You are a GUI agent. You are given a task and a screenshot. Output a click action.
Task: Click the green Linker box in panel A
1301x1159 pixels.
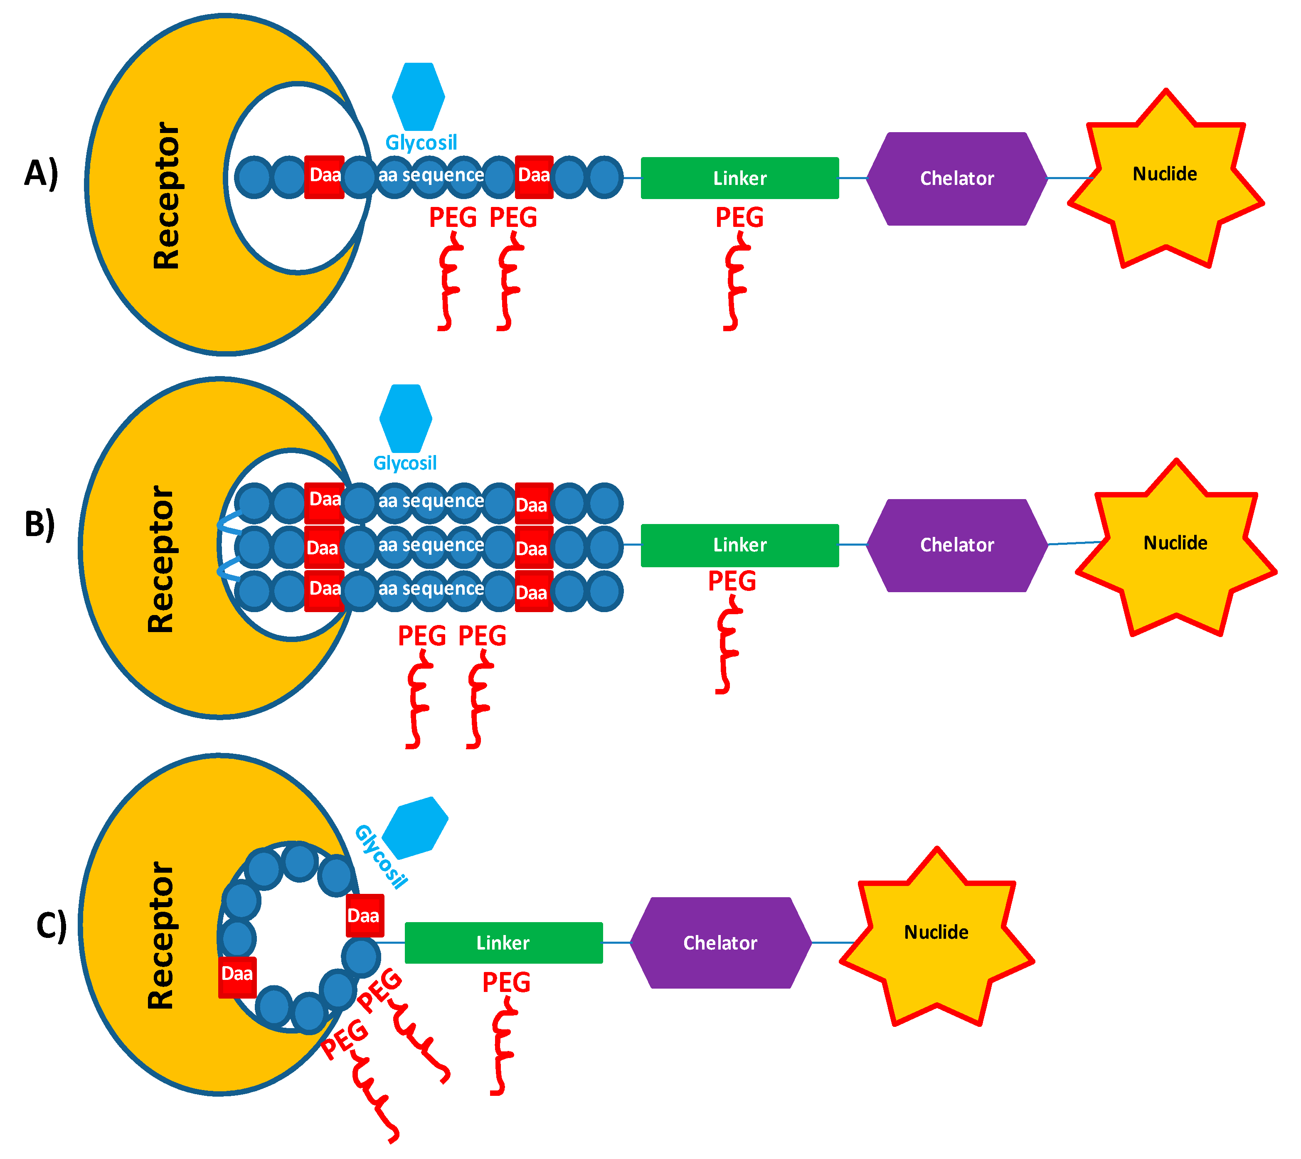point(739,178)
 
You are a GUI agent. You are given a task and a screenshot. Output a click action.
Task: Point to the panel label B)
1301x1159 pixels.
point(39,524)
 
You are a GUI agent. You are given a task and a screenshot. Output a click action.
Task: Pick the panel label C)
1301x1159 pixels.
point(51,926)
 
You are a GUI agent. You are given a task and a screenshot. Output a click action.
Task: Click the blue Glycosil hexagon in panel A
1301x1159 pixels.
point(419,97)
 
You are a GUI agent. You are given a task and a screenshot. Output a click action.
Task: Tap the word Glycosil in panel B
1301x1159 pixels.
point(405,463)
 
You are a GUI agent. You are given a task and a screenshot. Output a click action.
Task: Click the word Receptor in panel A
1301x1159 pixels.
point(167,195)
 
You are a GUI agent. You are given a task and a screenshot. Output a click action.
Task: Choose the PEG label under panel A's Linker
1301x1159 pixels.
point(739,217)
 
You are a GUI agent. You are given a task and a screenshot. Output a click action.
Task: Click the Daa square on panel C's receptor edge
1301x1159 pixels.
point(237,977)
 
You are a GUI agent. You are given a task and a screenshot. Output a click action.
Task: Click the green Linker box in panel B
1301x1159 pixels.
point(739,545)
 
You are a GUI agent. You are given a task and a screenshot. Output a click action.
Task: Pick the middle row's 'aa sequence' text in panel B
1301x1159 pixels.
point(431,545)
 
